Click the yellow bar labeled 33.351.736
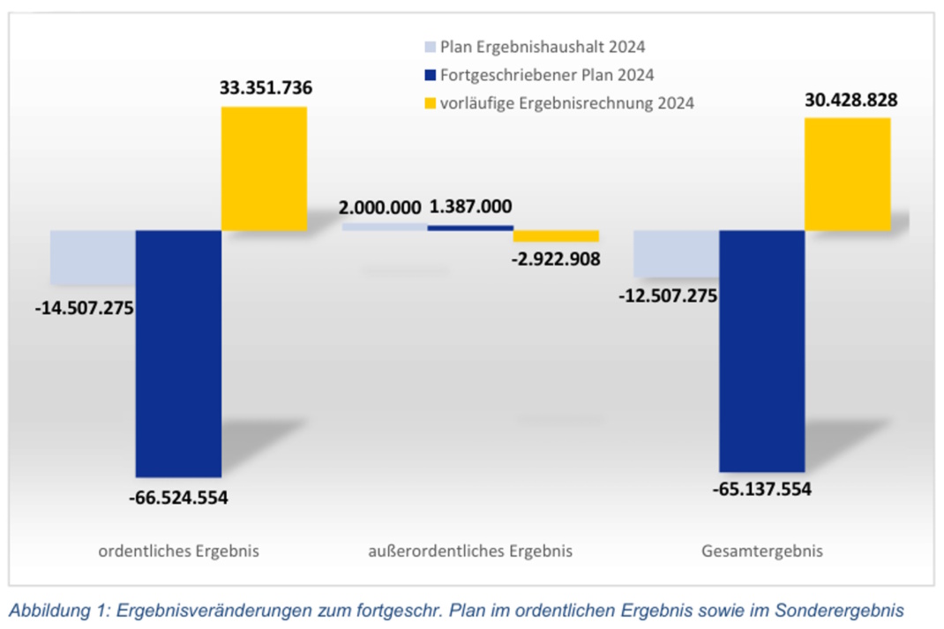coord(264,168)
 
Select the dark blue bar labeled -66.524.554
coord(178,353)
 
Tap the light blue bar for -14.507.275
coord(93,257)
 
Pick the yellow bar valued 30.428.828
coord(848,174)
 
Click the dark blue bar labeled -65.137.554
coord(762,350)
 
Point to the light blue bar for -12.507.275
coord(677,253)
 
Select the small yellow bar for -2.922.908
coord(556,236)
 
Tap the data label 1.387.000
coord(470,206)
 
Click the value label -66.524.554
coord(178,498)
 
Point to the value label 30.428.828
coord(850,101)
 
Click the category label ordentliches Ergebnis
coord(178,551)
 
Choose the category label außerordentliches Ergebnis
coord(470,551)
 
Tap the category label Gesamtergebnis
coord(762,551)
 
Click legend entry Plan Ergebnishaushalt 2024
coord(543,48)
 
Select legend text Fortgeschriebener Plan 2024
coord(547,75)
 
